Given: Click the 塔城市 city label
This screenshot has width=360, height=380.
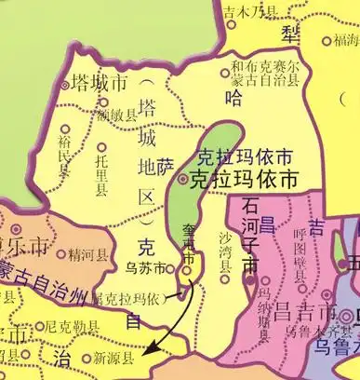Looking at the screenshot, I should point(100,82).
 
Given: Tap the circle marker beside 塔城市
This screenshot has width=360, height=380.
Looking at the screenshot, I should point(65,85).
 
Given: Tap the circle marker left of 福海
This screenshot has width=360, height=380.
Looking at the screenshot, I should point(327,41).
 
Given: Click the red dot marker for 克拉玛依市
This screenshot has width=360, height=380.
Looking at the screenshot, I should point(182,177).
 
